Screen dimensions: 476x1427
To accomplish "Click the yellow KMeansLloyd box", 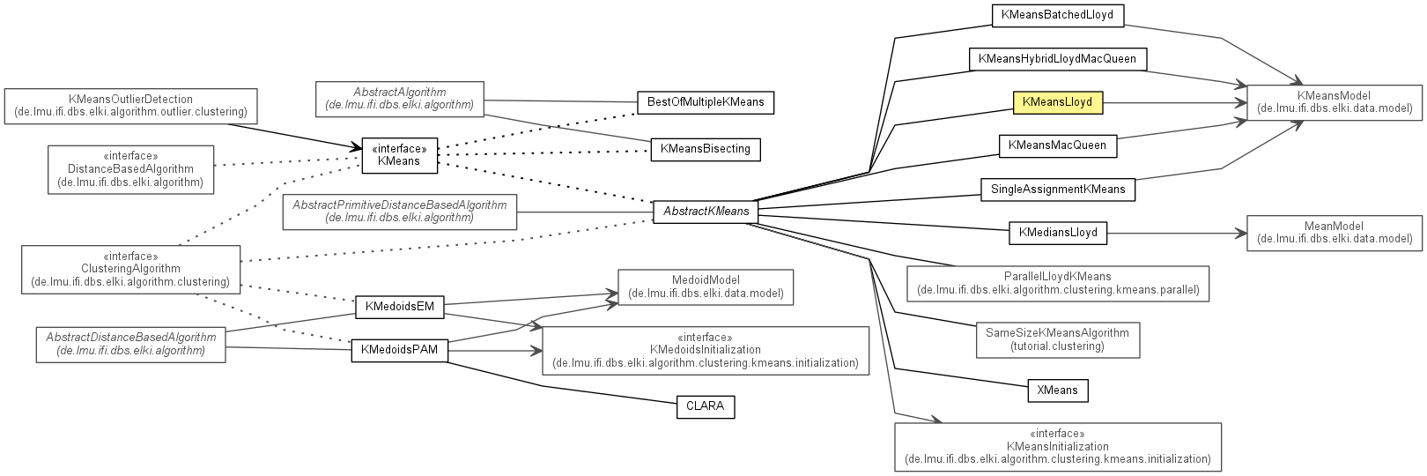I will (x=1057, y=102).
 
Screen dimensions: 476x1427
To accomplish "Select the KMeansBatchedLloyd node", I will (x=1057, y=15).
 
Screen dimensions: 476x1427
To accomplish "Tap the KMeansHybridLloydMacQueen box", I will (x=1057, y=59).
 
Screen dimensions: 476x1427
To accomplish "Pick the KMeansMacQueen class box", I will (x=1057, y=145).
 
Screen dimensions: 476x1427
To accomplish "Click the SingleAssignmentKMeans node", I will (x=1057, y=190).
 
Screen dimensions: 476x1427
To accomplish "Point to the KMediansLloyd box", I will (x=1057, y=233).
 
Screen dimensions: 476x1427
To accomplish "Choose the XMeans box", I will (x=1057, y=390).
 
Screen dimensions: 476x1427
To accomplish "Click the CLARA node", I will (x=705, y=406).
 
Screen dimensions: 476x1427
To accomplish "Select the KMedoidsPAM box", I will (x=399, y=350).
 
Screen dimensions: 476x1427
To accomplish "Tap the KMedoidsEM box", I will (x=399, y=307).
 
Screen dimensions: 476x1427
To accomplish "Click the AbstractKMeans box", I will (x=706, y=212).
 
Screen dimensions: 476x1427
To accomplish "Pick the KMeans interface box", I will (x=399, y=155).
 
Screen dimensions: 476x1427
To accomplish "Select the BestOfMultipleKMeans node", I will (x=705, y=102).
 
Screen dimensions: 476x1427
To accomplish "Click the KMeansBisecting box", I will (x=705, y=149).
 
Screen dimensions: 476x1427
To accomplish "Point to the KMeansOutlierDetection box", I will (x=130, y=106).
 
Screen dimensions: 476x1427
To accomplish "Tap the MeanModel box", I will (x=1334, y=233).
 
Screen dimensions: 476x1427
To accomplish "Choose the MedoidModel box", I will (x=705, y=286).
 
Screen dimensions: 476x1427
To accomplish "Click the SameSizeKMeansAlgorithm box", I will (x=1057, y=339).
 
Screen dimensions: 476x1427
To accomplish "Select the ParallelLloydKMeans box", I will (x=1057, y=283).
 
